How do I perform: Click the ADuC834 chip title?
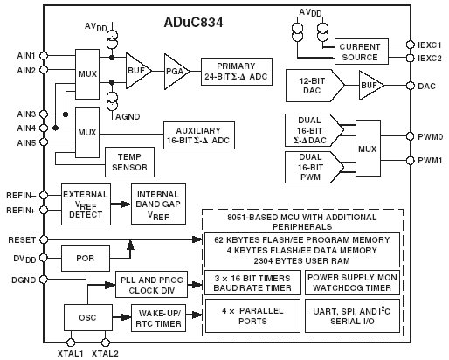pyautogui.click(x=193, y=23)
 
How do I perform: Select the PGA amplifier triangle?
pyautogui.click(x=176, y=72)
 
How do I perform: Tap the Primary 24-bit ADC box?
pyautogui.click(x=237, y=72)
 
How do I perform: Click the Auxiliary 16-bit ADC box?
pyautogui.click(x=199, y=135)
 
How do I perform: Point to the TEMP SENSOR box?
pyautogui.click(x=129, y=162)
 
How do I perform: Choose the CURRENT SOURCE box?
pyautogui.click(x=361, y=52)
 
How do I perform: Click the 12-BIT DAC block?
pyautogui.click(x=314, y=86)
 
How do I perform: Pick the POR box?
pyautogui.click(x=86, y=258)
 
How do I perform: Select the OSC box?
pyautogui.click(x=88, y=317)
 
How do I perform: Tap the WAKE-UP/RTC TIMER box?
pyautogui.click(x=158, y=318)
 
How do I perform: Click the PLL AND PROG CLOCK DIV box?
pyautogui.click(x=151, y=285)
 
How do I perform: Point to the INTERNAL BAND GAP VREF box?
pyautogui.click(x=158, y=204)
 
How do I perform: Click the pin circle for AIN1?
pyautogui.click(x=44, y=55)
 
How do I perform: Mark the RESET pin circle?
pyautogui.click(x=44, y=239)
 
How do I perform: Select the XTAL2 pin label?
pyautogui.click(x=105, y=354)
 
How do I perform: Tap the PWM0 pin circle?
pyautogui.click(x=410, y=136)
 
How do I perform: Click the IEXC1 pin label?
pyautogui.click(x=430, y=45)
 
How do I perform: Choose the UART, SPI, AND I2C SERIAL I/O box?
pyautogui.click(x=352, y=316)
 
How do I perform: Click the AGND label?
pyautogui.click(x=128, y=117)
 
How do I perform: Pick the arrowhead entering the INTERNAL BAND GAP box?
pyautogui.click(x=126, y=204)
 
